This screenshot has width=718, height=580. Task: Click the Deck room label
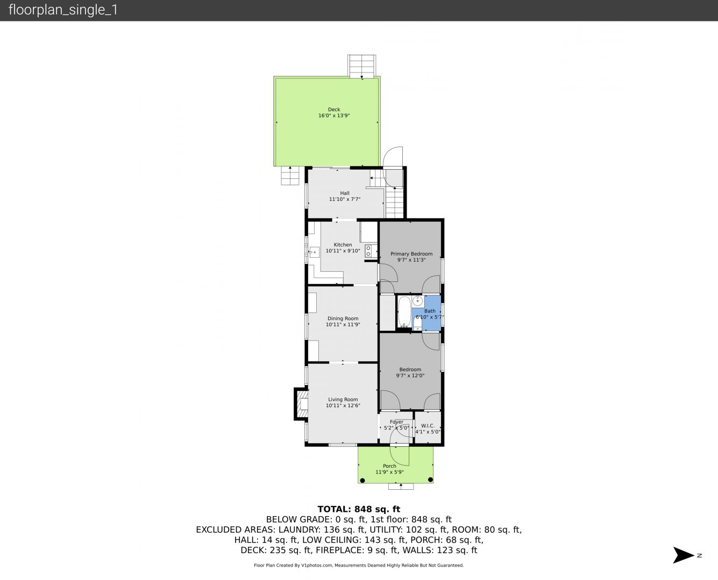333,110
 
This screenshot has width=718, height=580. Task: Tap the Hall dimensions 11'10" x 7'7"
345,199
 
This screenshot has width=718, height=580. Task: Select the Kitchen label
343,245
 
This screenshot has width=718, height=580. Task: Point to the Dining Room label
343,318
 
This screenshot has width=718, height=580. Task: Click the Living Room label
343,400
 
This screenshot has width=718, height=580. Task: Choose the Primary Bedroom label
411,254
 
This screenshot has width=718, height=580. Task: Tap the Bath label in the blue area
430,311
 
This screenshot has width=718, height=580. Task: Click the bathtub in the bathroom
404,311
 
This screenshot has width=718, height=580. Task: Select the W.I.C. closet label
428,426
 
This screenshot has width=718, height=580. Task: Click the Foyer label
396,422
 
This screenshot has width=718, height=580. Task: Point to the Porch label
389,466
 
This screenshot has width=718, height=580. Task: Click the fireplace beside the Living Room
301,404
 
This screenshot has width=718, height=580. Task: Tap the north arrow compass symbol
683,555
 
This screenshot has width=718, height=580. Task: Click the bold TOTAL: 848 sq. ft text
359,509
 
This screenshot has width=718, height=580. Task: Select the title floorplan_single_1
63,10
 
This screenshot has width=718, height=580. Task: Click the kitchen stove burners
368,251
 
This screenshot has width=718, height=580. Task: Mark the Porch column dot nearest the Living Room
362,480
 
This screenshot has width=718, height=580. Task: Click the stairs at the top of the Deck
362,66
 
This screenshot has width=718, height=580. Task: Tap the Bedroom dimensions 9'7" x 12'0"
410,376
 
